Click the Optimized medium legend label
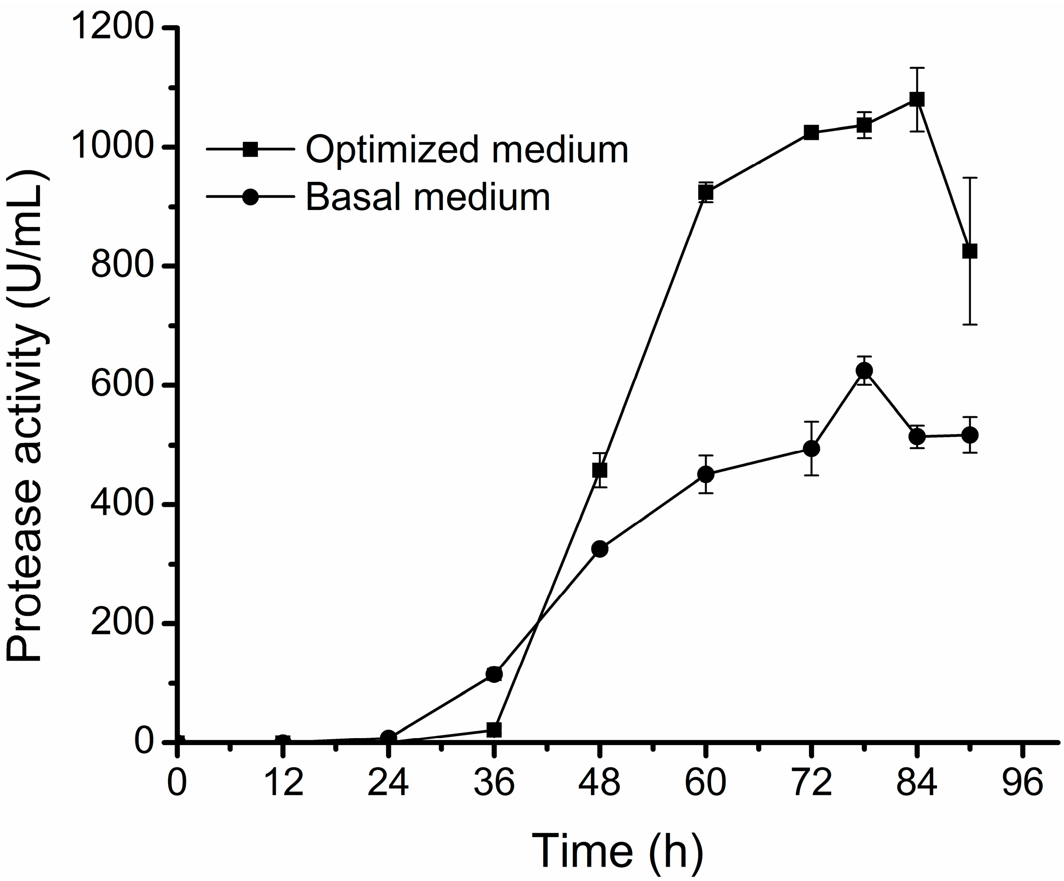[467, 150]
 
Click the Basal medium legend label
[427, 197]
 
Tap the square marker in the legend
[250, 149]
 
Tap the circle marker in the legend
[250, 197]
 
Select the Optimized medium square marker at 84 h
[917, 99]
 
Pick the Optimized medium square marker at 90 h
[970, 252]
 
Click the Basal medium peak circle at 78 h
[864, 371]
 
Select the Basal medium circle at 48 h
[600, 549]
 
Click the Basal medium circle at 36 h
[494, 674]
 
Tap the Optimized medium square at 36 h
[494, 730]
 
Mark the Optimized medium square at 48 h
[600, 470]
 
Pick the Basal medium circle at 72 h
[811, 448]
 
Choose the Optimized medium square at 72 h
[811, 133]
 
